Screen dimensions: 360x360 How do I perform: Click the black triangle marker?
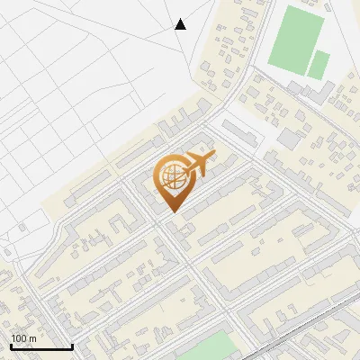(180, 24)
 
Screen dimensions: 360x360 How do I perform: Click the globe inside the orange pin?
(172, 176)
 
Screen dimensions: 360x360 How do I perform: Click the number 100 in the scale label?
(19, 338)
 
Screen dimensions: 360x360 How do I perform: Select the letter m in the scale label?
(32, 339)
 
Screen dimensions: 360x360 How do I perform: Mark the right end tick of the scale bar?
(72, 345)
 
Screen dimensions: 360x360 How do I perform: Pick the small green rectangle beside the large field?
(319, 64)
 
